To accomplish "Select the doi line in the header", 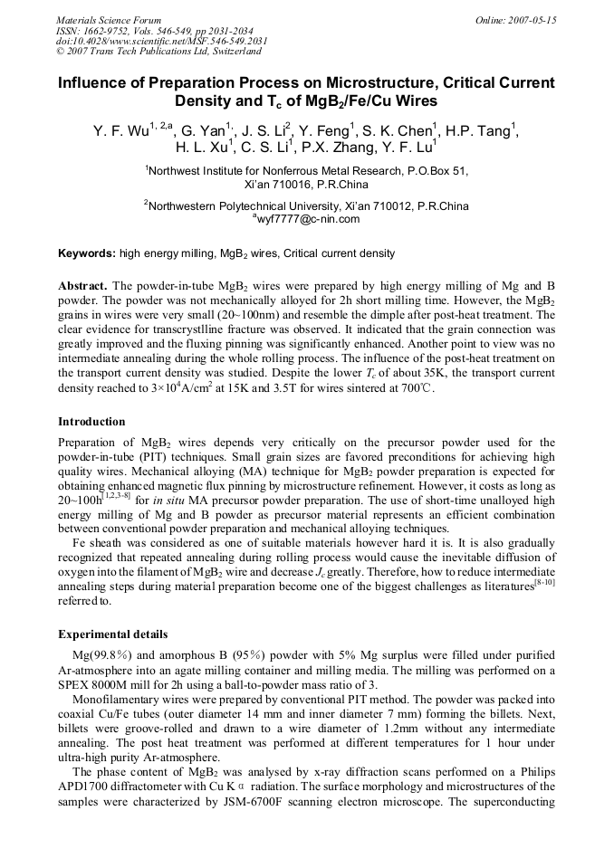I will [149, 41].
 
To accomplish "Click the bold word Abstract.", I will [83, 285].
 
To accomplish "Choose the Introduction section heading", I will [91, 422].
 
